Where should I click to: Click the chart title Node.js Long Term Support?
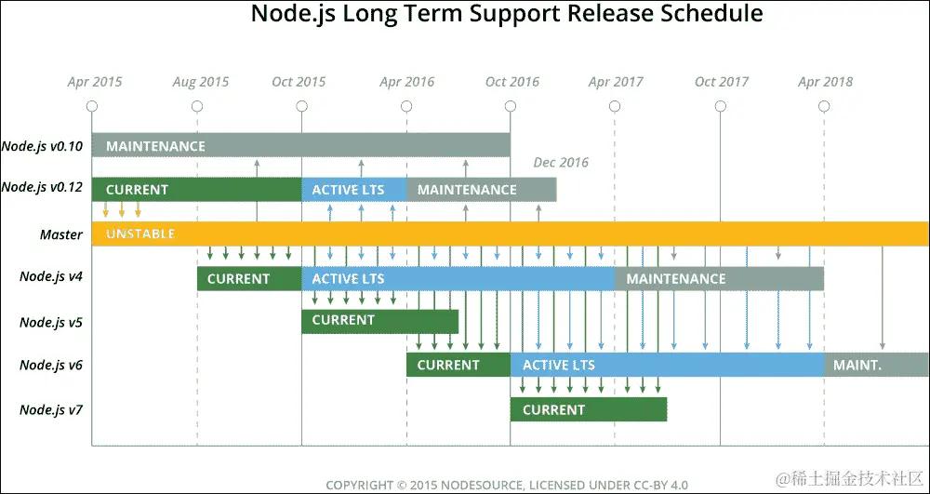507,15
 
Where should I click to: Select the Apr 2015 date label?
95,82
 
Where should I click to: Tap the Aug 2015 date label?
201,82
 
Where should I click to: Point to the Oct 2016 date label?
512,82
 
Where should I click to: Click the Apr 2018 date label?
826,82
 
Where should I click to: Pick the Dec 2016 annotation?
561,163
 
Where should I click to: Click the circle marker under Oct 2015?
302,106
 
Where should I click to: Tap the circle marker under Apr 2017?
615,106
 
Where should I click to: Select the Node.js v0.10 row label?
42,146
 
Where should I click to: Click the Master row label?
61,234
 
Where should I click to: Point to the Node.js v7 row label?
51,409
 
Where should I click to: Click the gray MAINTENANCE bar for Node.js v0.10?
300,146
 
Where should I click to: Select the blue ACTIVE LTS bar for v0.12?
353,190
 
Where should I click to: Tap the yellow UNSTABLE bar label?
140,234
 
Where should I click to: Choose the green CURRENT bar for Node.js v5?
379,320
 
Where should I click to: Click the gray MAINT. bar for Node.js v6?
875,365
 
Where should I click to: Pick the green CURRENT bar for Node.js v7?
588,409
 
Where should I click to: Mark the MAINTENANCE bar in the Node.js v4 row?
719,278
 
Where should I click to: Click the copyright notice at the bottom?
507,485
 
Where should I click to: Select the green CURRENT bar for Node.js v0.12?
196,190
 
